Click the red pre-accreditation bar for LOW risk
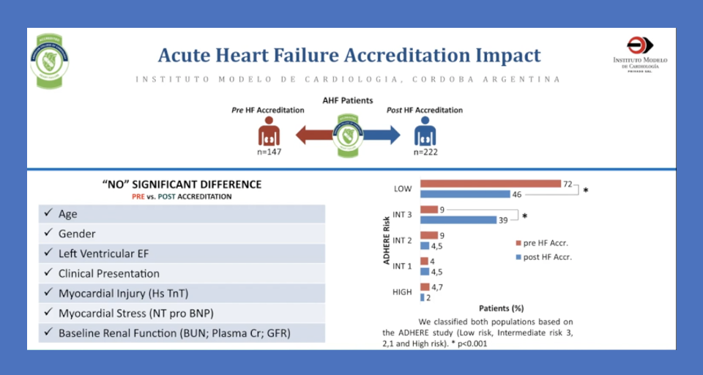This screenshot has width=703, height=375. click(x=491, y=184)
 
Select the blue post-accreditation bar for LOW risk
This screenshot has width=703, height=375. click(x=465, y=194)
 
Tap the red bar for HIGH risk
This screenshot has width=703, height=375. click(x=425, y=287)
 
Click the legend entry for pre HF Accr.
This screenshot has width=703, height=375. click(x=542, y=242)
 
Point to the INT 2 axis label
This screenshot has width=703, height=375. click(x=402, y=240)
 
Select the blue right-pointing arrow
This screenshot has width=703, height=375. click(x=382, y=135)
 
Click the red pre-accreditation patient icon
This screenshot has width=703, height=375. click(x=269, y=131)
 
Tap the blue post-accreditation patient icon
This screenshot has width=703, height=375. click(x=425, y=131)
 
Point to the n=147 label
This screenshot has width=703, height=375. click(x=269, y=152)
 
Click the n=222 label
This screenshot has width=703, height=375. click(x=425, y=152)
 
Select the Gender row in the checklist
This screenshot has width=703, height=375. click(x=182, y=234)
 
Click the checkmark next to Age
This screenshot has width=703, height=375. click(x=48, y=213)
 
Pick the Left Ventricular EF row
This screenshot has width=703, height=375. click(x=182, y=253)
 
